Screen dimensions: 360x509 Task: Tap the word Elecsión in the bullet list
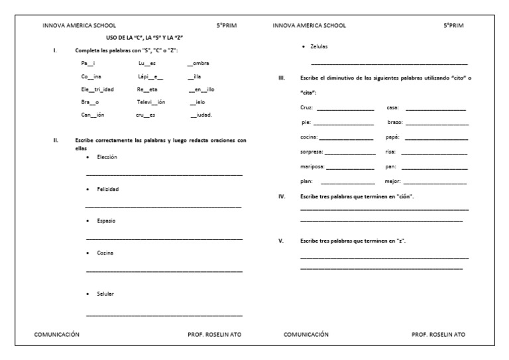[x=107, y=157]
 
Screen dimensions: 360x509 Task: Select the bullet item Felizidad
[x=107, y=189]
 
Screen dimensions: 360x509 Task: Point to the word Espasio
[x=106, y=220]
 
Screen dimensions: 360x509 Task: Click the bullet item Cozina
[x=105, y=253]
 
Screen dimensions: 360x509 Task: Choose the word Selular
[x=106, y=293]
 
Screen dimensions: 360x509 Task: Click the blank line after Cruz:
[x=345, y=107]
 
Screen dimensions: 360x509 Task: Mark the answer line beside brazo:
[x=441, y=123]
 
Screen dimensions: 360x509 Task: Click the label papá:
[x=392, y=137]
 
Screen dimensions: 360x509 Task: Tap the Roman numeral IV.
[x=282, y=197]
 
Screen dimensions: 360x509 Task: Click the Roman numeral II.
[x=56, y=141]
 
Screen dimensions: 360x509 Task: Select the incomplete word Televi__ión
[x=151, y=102]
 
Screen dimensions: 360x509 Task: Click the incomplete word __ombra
[x=199, y=63]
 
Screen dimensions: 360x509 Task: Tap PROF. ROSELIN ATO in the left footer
[x=215, y=335]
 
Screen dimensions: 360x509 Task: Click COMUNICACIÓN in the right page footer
[x=306, y=335]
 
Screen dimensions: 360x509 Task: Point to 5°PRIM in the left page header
[x=226, y=25]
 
